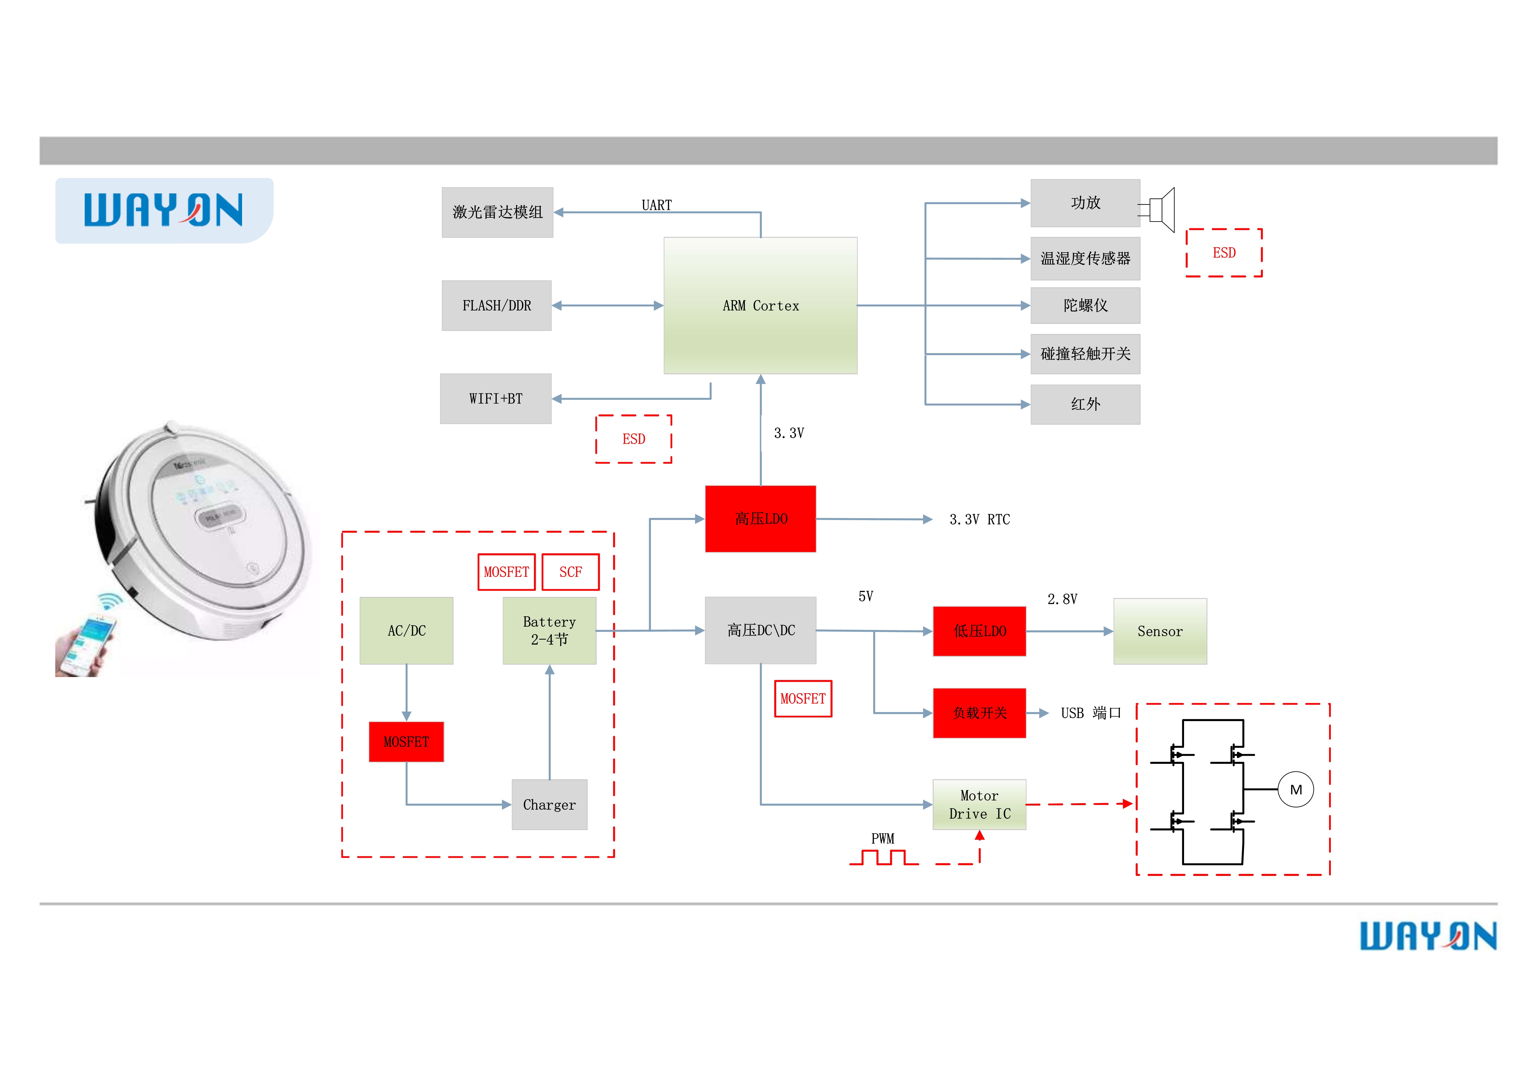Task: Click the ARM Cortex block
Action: [x=760, y=305]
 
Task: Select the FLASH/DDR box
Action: [x=496, y=305]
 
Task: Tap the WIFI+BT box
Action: [x=496, y=399]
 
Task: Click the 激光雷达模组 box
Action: [x=497, y=212]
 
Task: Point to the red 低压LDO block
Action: [x=979, y=631]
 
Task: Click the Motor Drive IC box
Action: [x=979, y=804]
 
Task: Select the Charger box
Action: [x=549, y=804]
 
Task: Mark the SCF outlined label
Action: [x=570, y=572]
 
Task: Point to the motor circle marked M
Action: [x=1295, y=790]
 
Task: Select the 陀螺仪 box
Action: [x=1085, y=305]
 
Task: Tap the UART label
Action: [x=657, y=205]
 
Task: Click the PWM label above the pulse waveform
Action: [x=882, y=838]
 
